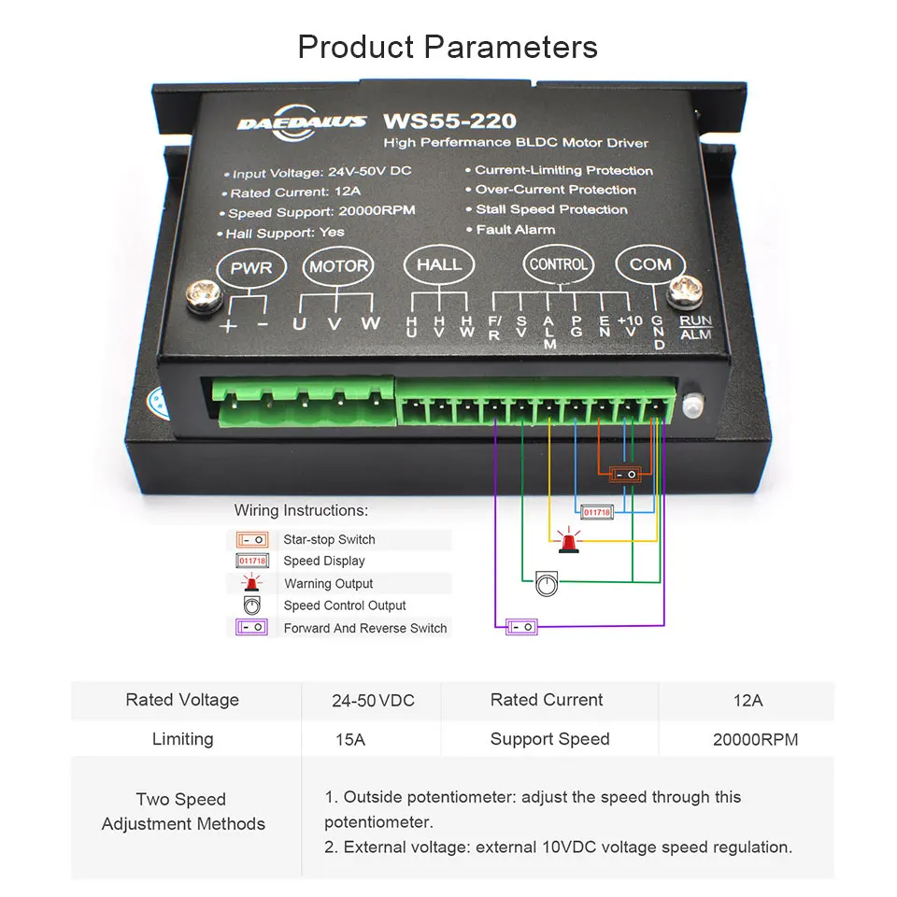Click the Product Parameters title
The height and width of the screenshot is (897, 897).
pyautogui.click(x=448, y=47)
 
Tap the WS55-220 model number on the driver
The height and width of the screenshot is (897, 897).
pyautogui.click(x=448, y=121)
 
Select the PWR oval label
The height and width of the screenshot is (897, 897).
pyautogui.click(x=251, y=268)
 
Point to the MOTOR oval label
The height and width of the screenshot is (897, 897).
pyautogui.click(x=338, y=266)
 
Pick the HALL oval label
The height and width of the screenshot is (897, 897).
pyautogui.click(x=439, y=264)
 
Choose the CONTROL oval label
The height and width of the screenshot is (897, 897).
pyautogui.click(x=558, y=264)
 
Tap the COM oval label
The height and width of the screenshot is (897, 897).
pyautogui.click(x=649, y=264)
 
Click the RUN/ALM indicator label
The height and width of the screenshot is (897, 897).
pyautogui.click(x=696, y=327)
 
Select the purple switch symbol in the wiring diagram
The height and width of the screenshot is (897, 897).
pyautogui.click(x=522, y=627)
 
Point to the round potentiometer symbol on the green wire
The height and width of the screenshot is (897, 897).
pyautogui.click(x=547, y=585)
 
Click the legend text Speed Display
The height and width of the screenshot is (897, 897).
pyautogui.click(x=324, y=561)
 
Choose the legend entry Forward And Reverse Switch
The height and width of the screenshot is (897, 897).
pyautogui.click(x=365, y=628)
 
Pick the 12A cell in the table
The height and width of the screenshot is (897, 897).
pyautogui.click(x=747, y=700)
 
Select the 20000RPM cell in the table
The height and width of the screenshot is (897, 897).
pyautogui.click(x=755, y=739)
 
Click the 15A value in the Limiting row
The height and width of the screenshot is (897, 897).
pyautogui.click(x=350, y=739)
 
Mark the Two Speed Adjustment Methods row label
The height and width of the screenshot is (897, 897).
pyautogui.click(x=183, y=811)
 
